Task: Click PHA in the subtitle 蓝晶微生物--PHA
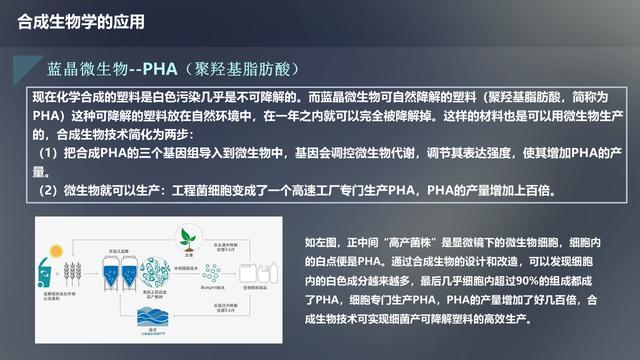click(160, 69)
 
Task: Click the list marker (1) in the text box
click(49, 153)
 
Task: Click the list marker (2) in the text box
click(49, 190)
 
